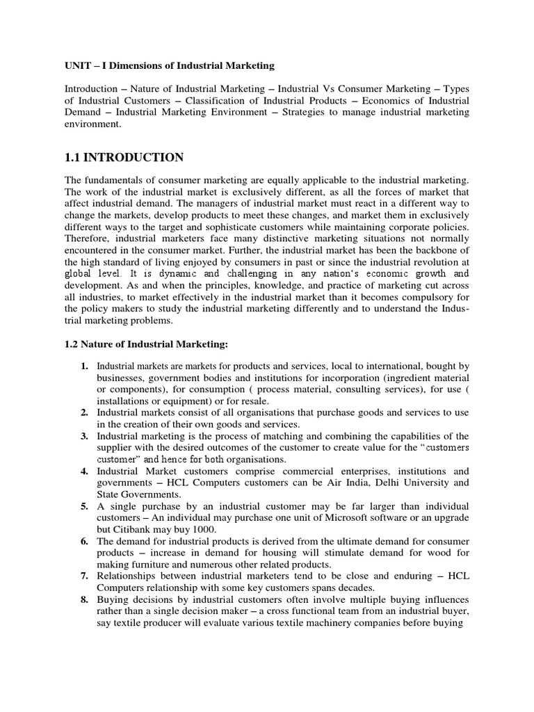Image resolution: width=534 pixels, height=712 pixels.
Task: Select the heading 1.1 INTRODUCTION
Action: click(124, 157)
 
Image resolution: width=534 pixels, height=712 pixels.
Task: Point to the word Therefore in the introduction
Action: click(88, 239)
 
